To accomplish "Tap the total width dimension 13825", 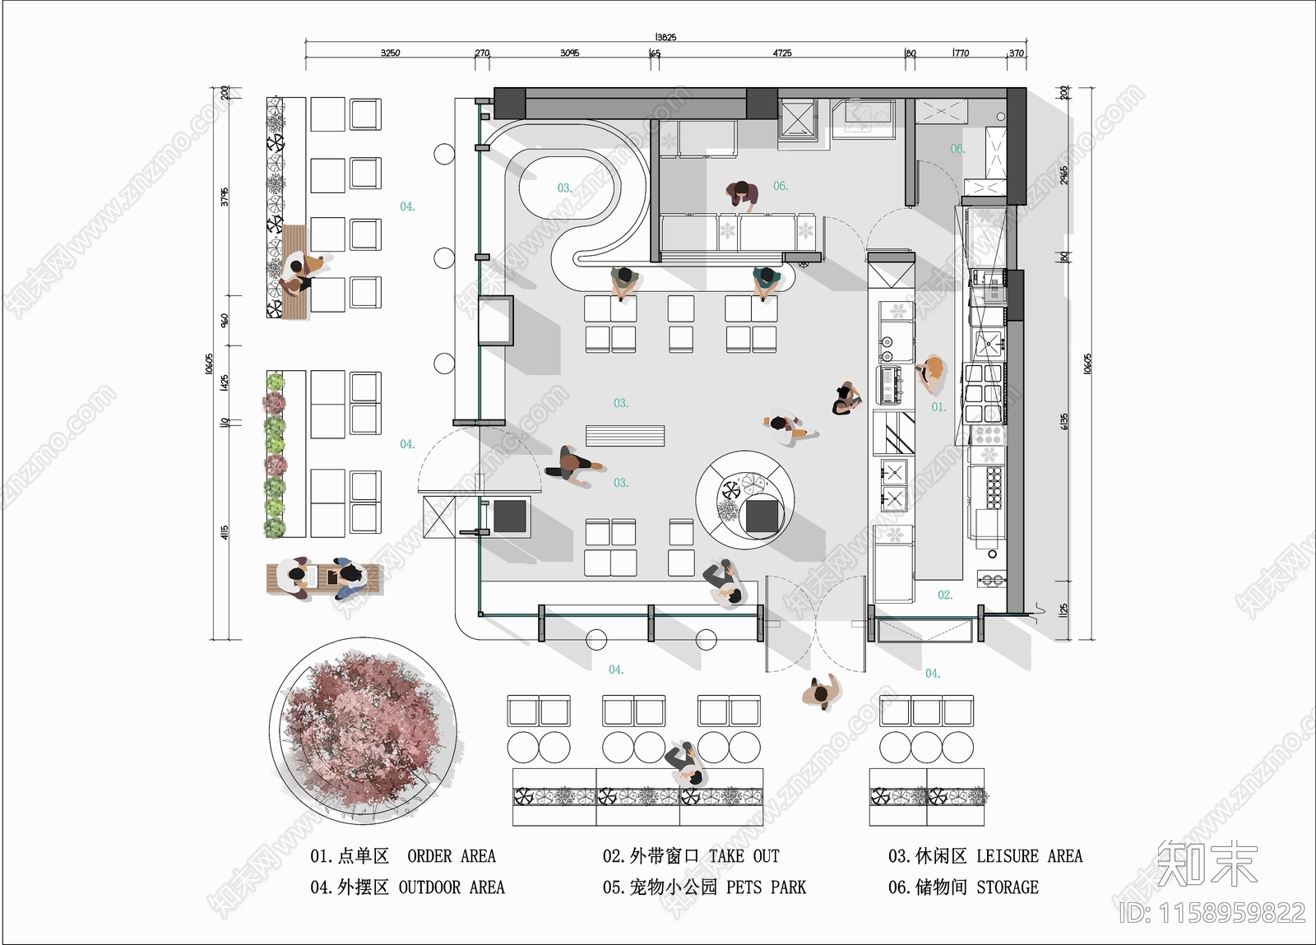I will click(x=665, y=37).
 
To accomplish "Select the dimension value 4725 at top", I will click(x=781, y=53).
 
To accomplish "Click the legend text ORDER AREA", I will click(x=452, y=856).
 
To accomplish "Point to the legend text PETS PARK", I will click(x=766, y=887).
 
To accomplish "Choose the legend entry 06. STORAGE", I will click(x=963, y=887).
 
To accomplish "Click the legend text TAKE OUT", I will click(x=744, y=856).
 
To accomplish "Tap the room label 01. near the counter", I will click(x=938, y=407).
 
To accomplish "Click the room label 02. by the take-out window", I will click(x=945, y=595).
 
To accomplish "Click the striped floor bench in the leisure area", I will click(x=624, y=435).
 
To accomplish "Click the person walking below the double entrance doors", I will click(x=821, y=693).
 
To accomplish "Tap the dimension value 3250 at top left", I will click(x=390, y=53).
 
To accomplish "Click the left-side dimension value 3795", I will click(x=225, y=197).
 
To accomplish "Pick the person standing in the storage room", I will click(x=742, y=194).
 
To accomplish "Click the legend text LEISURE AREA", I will click(x=1029, y=856).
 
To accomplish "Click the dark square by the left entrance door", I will click(x=509, y=516).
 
